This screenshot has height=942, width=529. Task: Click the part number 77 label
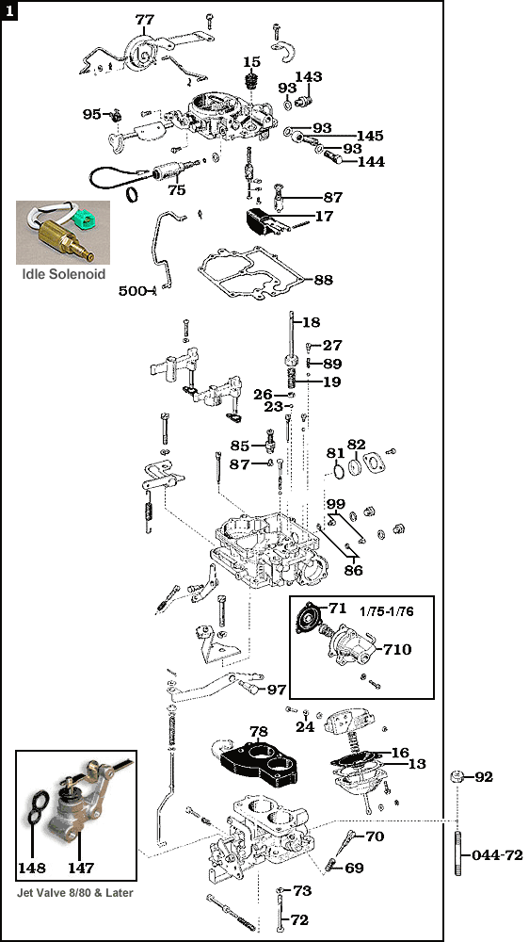[144, 20]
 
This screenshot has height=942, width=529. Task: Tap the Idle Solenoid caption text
[64, 274]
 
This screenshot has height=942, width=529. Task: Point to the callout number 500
[132, 291]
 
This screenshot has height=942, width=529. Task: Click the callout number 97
[276, 690]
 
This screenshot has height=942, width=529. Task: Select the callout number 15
[251, 62]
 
